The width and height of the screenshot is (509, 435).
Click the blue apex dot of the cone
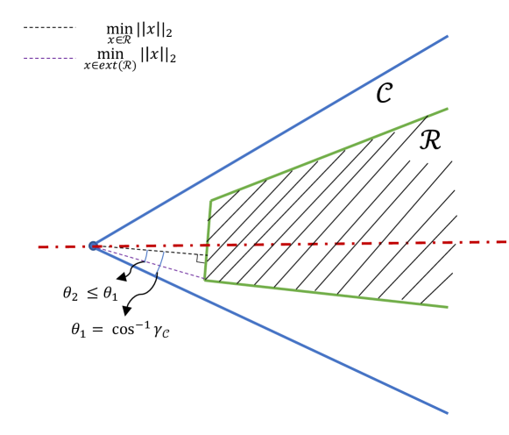(93, 246)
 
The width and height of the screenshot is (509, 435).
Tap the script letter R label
(430, 138)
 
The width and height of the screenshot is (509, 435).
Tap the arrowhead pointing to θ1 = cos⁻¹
(128, 310)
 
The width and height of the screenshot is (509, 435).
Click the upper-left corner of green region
(210, 201)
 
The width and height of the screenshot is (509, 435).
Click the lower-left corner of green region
(205, 280)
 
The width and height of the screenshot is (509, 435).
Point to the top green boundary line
(333, 152)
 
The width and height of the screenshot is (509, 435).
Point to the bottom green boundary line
(333, 294)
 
